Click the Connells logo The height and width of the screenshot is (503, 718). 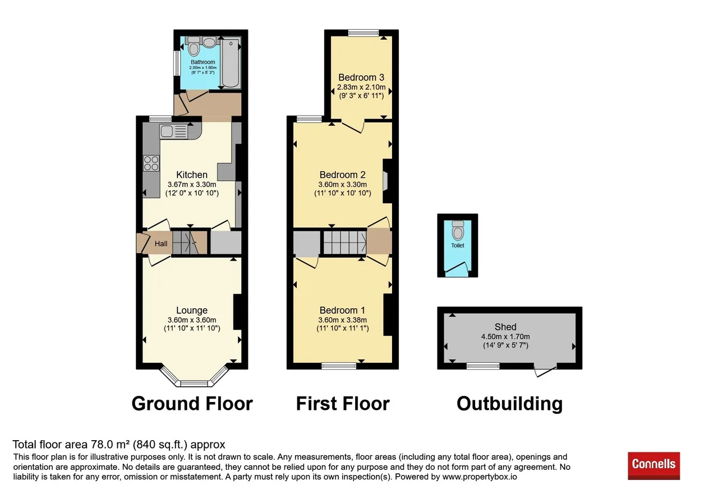tap(653, 465)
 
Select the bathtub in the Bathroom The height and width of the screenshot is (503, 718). tap(231, 63)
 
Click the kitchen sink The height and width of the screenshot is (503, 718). tap(173, 131)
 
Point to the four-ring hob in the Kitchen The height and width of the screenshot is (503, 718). tap(151, 163)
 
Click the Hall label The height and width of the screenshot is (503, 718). tap(161, 244)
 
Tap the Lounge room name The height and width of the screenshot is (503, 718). tap(192, 310)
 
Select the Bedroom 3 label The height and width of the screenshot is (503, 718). tap(361, 77)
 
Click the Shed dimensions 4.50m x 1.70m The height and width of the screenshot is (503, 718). tap(505, 336)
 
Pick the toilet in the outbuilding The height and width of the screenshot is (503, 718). tap(457, 230)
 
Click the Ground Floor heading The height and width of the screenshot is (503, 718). tap(192, 404)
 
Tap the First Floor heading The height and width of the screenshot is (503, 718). tap(343, 404)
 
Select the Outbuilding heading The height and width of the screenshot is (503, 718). tap(510, 404)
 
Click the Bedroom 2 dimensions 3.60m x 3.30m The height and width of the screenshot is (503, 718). tap(342, 185)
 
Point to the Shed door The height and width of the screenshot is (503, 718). tap(545, 371)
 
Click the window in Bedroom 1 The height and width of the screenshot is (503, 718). tap(339, 366)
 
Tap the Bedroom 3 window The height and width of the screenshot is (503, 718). tap(363, 33)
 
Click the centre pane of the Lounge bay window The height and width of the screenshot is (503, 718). tap(194, 383)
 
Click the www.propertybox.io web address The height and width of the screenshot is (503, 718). tap(480, 477)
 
